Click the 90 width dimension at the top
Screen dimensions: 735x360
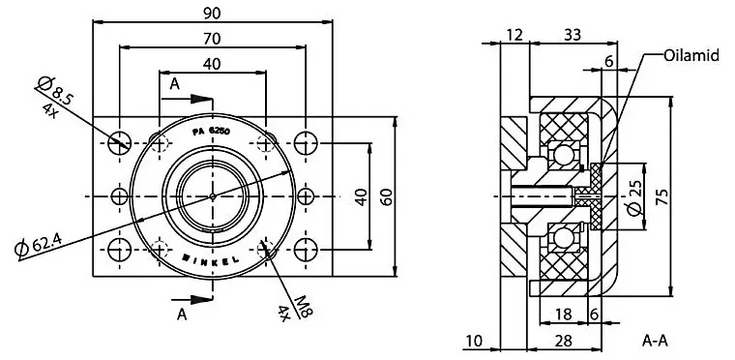(213, 13)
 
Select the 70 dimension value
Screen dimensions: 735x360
(213, 38)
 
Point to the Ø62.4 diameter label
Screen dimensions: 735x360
(38, 245)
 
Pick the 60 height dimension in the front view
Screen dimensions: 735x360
(386, 197)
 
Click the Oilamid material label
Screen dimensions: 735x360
(691, 55)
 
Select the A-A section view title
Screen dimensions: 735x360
(655, 342)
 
